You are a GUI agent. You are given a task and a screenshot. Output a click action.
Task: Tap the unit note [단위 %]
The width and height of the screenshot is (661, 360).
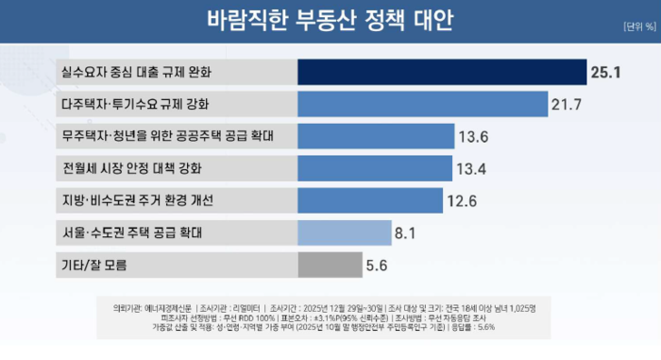pos(638,26)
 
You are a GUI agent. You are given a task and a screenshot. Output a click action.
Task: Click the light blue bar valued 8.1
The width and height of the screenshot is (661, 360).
pos(345,232)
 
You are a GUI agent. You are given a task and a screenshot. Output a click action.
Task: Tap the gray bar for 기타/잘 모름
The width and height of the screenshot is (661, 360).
pos(330,265)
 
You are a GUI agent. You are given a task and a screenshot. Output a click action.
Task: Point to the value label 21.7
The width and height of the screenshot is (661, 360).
pos(567,104)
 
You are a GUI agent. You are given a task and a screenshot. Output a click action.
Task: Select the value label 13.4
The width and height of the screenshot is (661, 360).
pos(471,168)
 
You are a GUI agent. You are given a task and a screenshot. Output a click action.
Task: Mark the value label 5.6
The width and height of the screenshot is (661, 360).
pos(378,266)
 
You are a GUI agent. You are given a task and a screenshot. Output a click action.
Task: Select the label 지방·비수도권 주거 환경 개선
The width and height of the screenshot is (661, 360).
pos(137,200)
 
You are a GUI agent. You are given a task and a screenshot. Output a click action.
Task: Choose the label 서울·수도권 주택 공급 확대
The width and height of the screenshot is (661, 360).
pos(131,232)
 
